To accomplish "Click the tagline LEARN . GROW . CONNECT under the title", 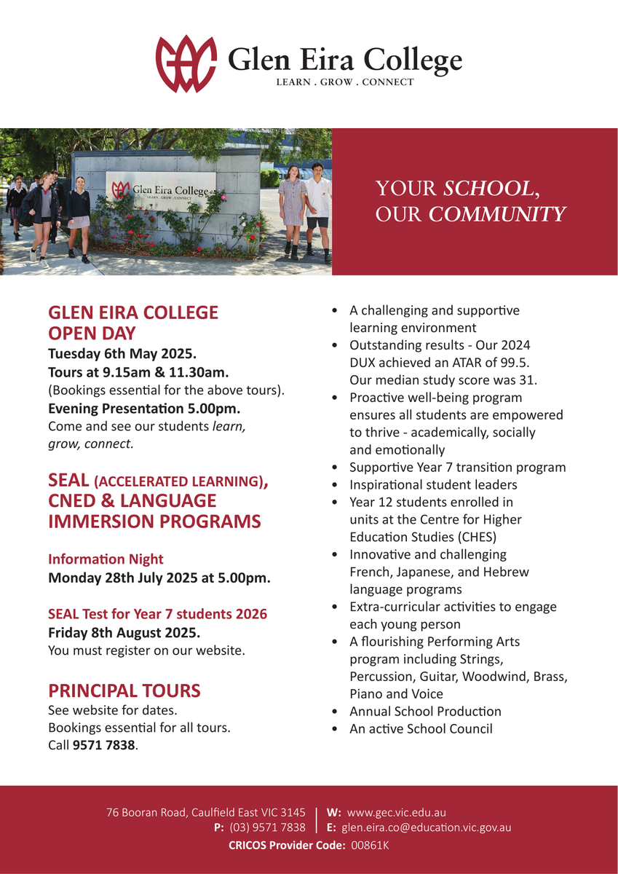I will (x=344, y=82).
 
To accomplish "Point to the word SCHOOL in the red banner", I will (x=488, y=189).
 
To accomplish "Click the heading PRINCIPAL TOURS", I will (x=124, y=690).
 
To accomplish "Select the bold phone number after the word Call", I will (x=104, y=745).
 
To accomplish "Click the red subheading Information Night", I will (x=106, y=559).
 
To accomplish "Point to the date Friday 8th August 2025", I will (x=124, y=632).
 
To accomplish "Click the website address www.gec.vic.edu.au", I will (x=397, y=812).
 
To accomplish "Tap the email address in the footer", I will (x=427, y=827).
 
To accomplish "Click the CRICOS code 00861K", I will (x=370, y=846).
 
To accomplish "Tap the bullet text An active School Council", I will (x=421, y=728).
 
